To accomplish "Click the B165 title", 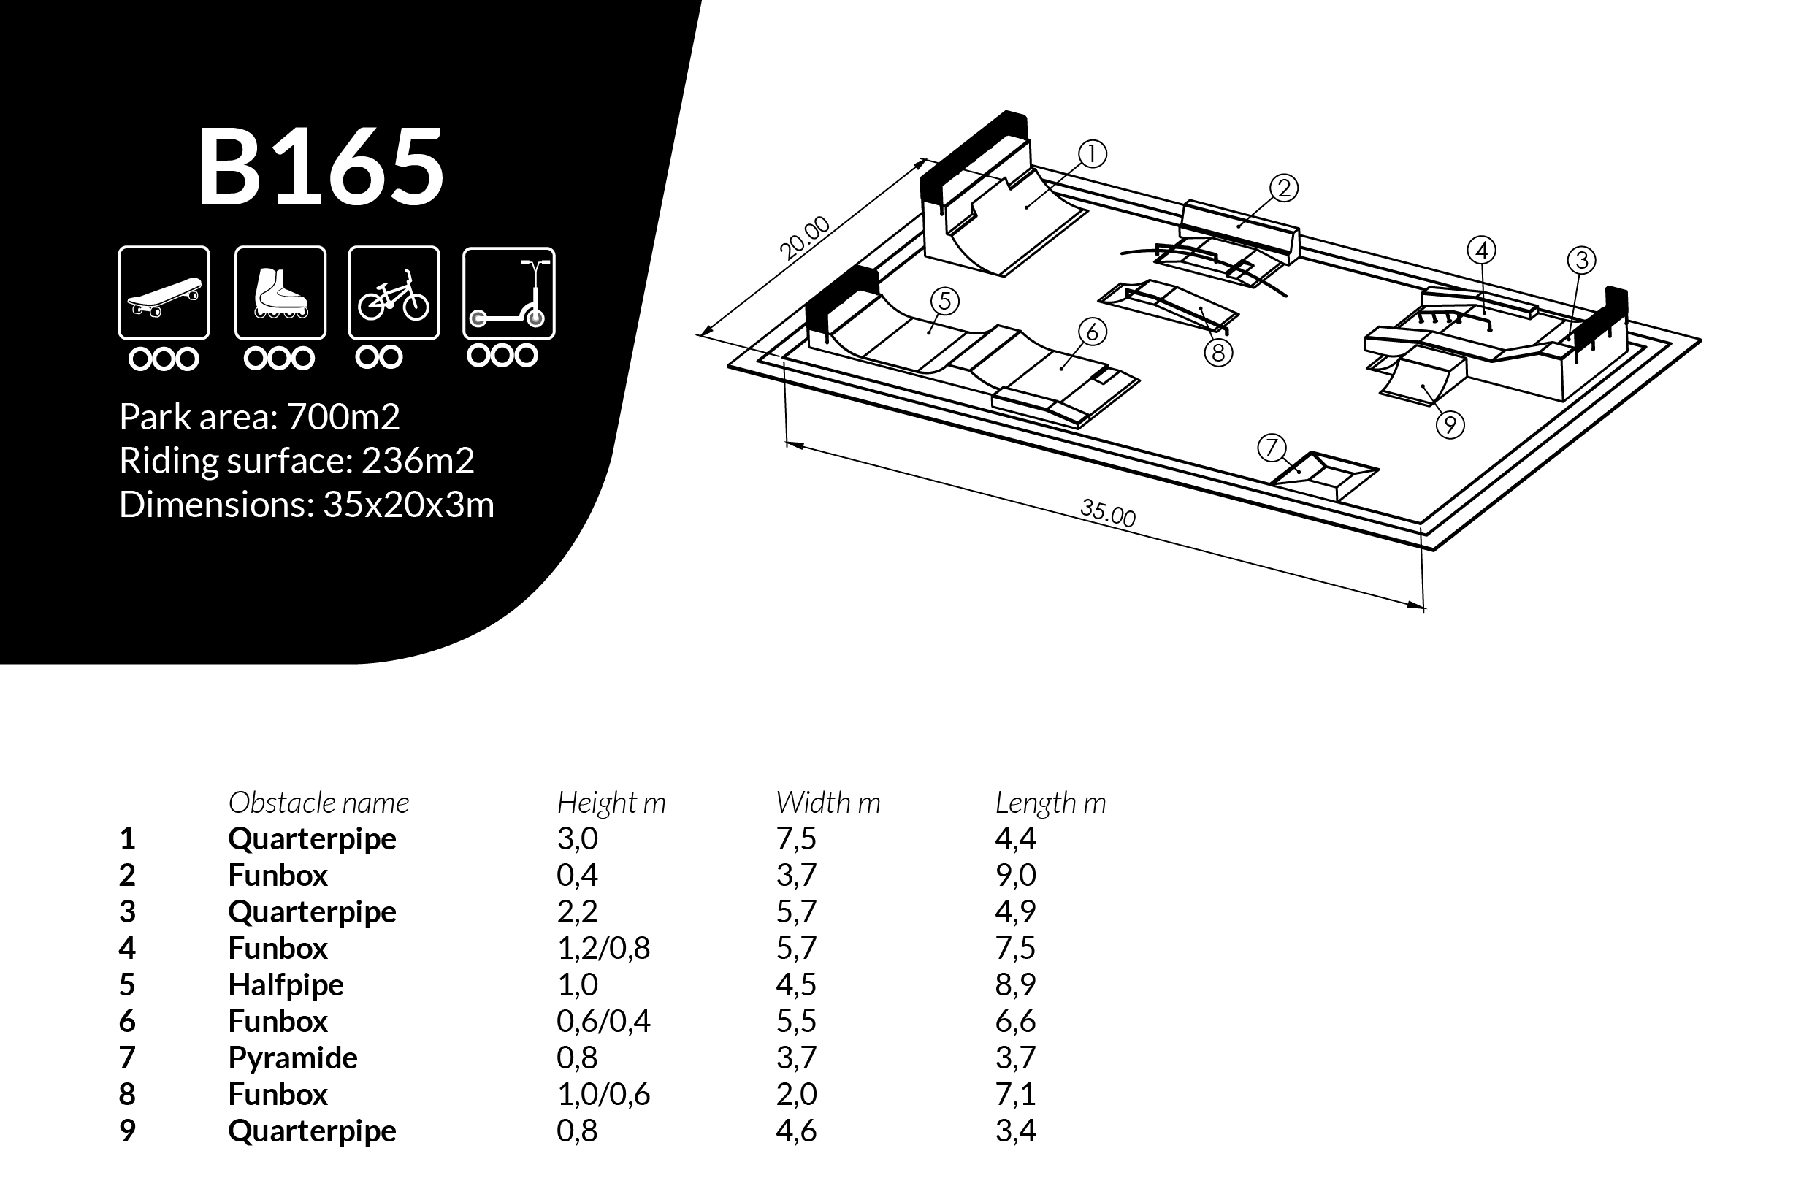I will point(321,167).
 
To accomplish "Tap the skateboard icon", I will point(164,293).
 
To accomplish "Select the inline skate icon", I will point(280,293).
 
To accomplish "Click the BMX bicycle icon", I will point(394,293).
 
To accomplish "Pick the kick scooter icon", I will point(508,293).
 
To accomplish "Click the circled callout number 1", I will point(1092,154).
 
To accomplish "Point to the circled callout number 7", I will point(1272,448).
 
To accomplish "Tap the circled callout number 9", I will point(1450,424).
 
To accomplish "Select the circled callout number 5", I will point(945,302).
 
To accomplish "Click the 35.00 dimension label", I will point(1107,512).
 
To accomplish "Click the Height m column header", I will point(611,803).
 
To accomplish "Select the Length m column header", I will point(1050,803).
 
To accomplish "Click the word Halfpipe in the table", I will point(286,984).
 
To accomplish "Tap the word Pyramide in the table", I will point(292,1058).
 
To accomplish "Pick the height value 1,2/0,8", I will point(603,948).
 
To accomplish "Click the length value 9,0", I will point(1015,875).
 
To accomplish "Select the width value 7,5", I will point(796,839).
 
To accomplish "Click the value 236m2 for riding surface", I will point(418,461).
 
